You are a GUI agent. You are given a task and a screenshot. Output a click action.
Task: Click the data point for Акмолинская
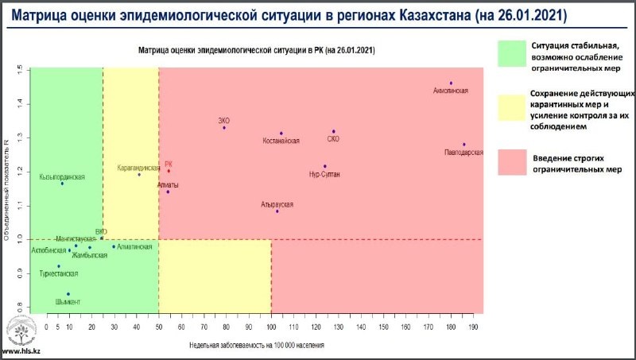[451, 83]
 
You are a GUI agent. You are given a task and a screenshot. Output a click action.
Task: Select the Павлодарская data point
[463, 145]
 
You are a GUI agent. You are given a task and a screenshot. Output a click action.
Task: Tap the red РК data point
[169, 171]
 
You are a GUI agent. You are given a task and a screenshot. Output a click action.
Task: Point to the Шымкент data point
[68, 294]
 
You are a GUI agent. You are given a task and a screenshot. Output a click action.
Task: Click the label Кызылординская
[61, 176]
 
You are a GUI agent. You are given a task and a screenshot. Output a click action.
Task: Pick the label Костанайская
[281, 141]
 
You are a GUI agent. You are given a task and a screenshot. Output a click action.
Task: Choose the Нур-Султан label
[324, 174]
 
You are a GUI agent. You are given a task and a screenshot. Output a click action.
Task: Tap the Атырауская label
[277, 204]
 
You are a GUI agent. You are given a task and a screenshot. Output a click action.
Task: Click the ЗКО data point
[224, 127]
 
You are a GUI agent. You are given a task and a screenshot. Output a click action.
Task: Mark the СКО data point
[334, 131]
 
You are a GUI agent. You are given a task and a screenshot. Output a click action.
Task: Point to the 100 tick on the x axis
[271, 327]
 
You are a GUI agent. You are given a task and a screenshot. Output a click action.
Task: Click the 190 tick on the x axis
[473, 327]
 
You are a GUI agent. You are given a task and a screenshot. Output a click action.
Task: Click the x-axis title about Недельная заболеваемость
[256, 346]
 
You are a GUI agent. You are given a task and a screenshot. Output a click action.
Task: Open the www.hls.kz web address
[21, 351]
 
